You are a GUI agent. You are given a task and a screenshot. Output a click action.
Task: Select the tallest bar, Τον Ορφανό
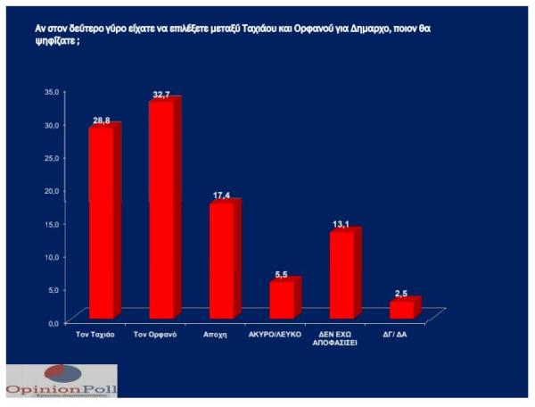point(161,210)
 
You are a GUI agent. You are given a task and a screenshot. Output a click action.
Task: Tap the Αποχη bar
point(221,259)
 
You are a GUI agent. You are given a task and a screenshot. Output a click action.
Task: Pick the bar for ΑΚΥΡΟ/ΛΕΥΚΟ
point(282,299)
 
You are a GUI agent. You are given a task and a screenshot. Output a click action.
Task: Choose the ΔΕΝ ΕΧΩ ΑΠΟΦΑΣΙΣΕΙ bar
point(342,274)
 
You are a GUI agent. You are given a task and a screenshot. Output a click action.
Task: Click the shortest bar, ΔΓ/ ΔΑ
point(402,309)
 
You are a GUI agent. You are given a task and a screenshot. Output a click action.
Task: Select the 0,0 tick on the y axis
point(53,322)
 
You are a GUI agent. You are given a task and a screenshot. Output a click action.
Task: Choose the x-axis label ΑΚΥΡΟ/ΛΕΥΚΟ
point(283,335)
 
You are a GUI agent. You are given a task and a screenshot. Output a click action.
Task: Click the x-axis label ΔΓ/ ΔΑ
point(403,335)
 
